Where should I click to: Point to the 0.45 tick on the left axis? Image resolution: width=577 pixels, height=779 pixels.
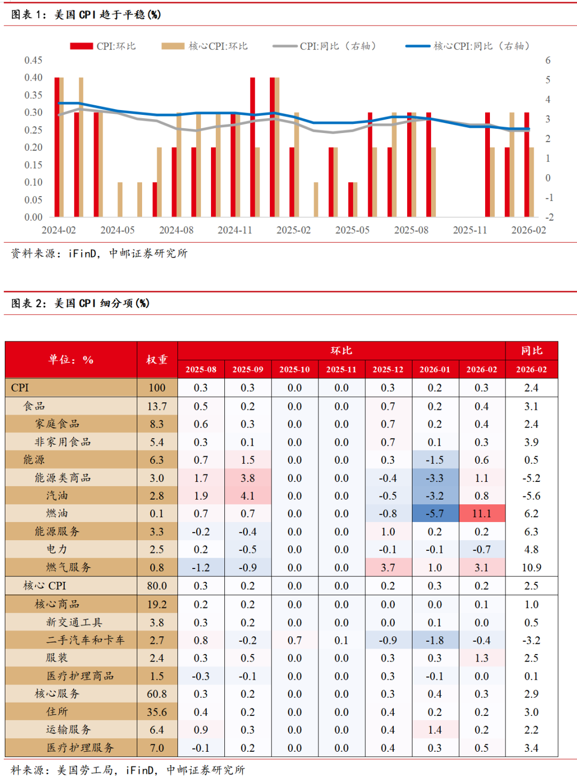click(x=33, y=60)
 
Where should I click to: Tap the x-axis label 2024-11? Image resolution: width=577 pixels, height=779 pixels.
click(x=235, y=230)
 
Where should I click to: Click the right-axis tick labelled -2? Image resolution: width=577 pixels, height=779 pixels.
click(x=549, y=217)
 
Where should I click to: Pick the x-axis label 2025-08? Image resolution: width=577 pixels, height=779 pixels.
click(x=411, y=230)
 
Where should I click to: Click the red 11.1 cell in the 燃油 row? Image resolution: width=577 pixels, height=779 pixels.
click(x=481, y=513)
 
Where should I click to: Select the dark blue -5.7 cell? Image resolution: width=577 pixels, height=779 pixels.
click(x=435, y=513)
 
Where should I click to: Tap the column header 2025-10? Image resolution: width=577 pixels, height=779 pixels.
click(x=294, y=369)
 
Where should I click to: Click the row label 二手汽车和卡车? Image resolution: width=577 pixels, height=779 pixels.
click(x=85, y=640)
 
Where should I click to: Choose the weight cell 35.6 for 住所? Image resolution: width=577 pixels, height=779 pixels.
click(x=157, y=712)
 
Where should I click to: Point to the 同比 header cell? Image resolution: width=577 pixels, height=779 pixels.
click(x=532, y=350)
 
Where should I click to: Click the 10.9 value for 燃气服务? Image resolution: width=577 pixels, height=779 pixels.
click(x=532, y=567)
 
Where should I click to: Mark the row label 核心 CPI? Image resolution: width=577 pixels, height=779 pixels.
click(x=45, y=586)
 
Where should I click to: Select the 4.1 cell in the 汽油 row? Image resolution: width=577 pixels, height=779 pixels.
click(x=247, y=496)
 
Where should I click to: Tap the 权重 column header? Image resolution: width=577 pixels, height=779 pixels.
click(x=157, y=360)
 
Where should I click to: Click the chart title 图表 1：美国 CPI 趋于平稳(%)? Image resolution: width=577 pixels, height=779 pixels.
click(x=86, y=14)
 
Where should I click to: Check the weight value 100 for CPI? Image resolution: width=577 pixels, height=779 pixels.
click(x=157, y=388)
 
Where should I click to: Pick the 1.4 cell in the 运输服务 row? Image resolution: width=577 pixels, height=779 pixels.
click(x=435, y=730)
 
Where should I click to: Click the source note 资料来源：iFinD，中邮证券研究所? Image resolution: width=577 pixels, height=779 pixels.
click(x=99, y=253)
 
